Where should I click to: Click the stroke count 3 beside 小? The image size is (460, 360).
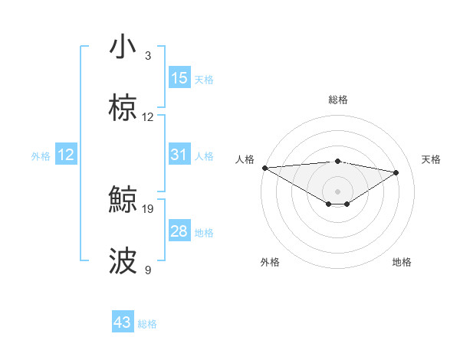click(148, 56)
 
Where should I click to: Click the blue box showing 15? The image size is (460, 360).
click(179, 78)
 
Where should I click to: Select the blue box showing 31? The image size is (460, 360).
click(179, 155)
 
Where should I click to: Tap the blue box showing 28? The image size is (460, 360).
click(179, 231)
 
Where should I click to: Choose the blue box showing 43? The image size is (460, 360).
click(123, 322)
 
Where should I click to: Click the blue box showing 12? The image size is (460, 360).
click(66, 155)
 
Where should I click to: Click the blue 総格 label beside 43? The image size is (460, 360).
click(147, 324)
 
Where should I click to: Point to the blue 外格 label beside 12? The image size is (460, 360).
click(41, 155)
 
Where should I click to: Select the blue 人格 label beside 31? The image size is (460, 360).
click(204, 155)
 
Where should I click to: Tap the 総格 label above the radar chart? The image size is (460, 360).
click(338, 100)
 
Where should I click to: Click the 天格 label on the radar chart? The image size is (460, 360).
click(432, 159)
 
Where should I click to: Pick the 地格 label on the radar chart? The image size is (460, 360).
click(402, 262)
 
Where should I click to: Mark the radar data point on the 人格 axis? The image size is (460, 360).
click(264, 168)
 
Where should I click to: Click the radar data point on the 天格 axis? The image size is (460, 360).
click(396, 172)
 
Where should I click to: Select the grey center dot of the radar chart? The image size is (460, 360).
click(338, 191)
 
